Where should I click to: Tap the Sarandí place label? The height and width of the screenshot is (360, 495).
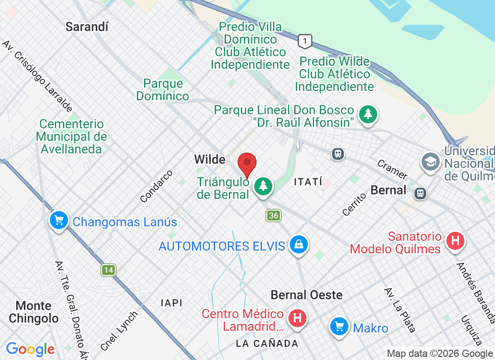[x=87, y=27]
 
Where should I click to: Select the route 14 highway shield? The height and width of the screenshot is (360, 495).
[x=108, y=270]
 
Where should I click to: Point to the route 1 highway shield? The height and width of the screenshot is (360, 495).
[x=305, y=42]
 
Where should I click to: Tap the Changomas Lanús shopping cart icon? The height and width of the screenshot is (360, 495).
[x=59, y=220]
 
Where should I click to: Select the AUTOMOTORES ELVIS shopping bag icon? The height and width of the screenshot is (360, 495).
[x=298, y=245]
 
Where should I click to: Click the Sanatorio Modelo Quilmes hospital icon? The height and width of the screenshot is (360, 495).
[x=454, y=241]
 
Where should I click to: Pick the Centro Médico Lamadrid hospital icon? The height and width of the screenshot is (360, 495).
[x=297, y=318]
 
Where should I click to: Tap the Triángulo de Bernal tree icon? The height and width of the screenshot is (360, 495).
[x=263, y=185]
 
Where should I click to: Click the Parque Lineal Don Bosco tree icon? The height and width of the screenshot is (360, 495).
[x=369, y=113]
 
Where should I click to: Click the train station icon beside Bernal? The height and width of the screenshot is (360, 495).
[x=420, y=193]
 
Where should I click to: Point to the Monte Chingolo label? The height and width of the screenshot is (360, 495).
[x=34, y=312]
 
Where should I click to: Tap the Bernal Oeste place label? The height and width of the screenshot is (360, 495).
[x=306, y=295]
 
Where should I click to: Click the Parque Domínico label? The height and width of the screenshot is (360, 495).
[x=163, y=90]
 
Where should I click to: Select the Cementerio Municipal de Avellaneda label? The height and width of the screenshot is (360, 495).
[x=72, y=136]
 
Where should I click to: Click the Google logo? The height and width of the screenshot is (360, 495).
[x=30, y=349]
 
